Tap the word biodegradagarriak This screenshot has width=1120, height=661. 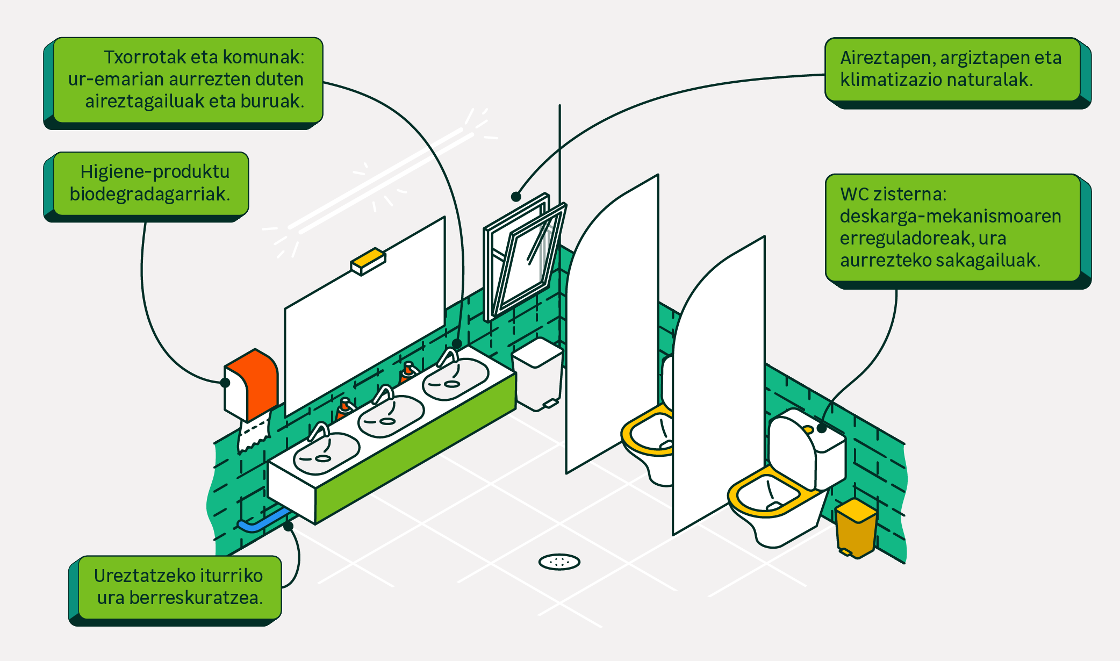[150, 194]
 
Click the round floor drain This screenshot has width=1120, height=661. [559, 562]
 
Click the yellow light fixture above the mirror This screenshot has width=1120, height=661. [368, 260]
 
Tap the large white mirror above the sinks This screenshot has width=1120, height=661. [365, 317]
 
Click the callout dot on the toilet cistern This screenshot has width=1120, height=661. [822, 428]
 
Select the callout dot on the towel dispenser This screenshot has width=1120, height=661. [225, 383]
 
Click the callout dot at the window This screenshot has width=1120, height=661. [516, 197]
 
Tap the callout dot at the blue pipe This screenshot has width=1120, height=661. [289, 526]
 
